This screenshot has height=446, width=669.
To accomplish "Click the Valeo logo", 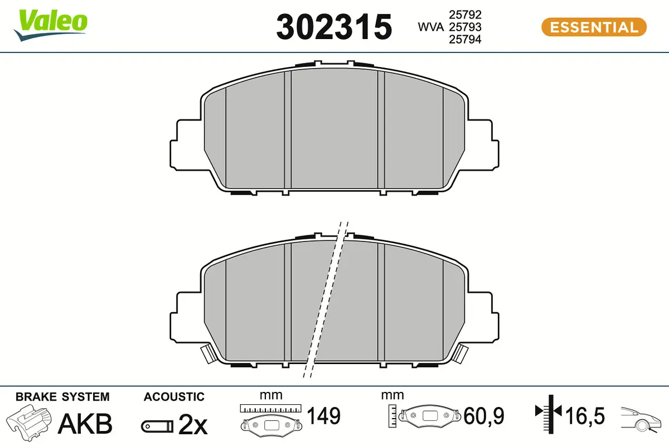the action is pyautogui.click(x=51, y=25).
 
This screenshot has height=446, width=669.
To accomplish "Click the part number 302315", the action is pyautogui.click(x=334, y=27).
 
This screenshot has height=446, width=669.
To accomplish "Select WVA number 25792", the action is pyautogui.click(x=465, y=14).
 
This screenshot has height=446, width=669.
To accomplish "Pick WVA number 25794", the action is pyautogui.click(x=465, y=39).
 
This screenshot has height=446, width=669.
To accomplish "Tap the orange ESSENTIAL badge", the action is pyautogui.click(x=594, y=27).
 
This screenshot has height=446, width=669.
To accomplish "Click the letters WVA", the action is pyautogui.click(x=430, y=27).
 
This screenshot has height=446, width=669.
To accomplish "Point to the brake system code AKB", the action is pyautogui.click(x=85, y=424).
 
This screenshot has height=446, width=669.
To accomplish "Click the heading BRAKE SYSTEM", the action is pyautogui.click(x=62, y=397).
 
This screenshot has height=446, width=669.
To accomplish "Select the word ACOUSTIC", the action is pyautogui.click(x=174, y=397).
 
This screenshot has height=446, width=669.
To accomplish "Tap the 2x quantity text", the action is pyautogui.click(x=193, y=425).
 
